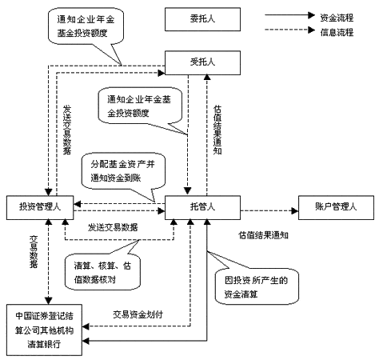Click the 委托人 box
coord(193,18)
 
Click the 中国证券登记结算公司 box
coord(46,326)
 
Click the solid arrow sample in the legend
coord(291,15)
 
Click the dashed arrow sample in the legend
coord(291,30)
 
